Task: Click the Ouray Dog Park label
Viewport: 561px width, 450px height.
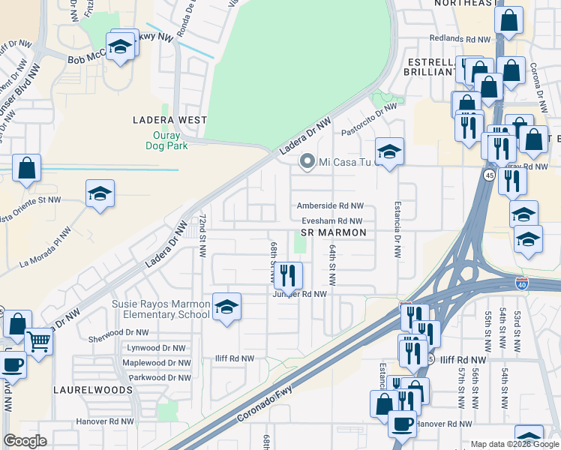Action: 166,140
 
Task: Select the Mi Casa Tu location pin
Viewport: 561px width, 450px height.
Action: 307,161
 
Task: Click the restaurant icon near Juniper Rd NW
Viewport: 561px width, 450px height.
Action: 287,276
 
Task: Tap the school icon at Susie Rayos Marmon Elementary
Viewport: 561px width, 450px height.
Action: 226,307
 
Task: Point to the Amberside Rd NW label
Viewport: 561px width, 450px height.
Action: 330,205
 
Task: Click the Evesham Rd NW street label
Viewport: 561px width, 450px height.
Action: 332,220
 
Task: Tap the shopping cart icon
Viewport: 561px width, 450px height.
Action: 39,341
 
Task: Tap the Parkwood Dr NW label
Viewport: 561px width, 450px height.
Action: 157,377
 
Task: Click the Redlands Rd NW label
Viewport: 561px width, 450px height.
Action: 460,38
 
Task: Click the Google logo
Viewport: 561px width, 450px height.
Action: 25,441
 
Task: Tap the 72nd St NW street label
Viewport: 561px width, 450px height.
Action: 202,234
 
